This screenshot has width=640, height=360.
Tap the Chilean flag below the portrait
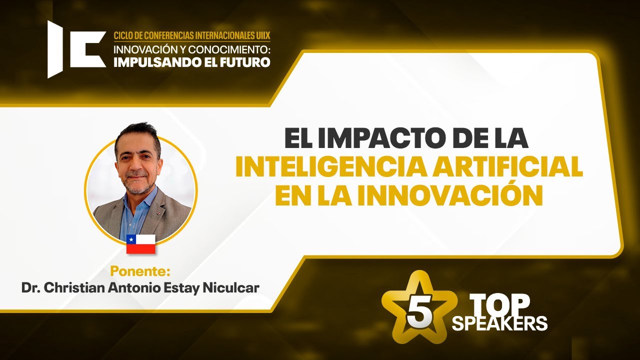140,243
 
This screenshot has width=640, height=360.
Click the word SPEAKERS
499,323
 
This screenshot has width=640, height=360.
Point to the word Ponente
140,272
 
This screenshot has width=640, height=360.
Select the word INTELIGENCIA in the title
325,167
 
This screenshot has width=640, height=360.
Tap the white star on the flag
131,238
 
